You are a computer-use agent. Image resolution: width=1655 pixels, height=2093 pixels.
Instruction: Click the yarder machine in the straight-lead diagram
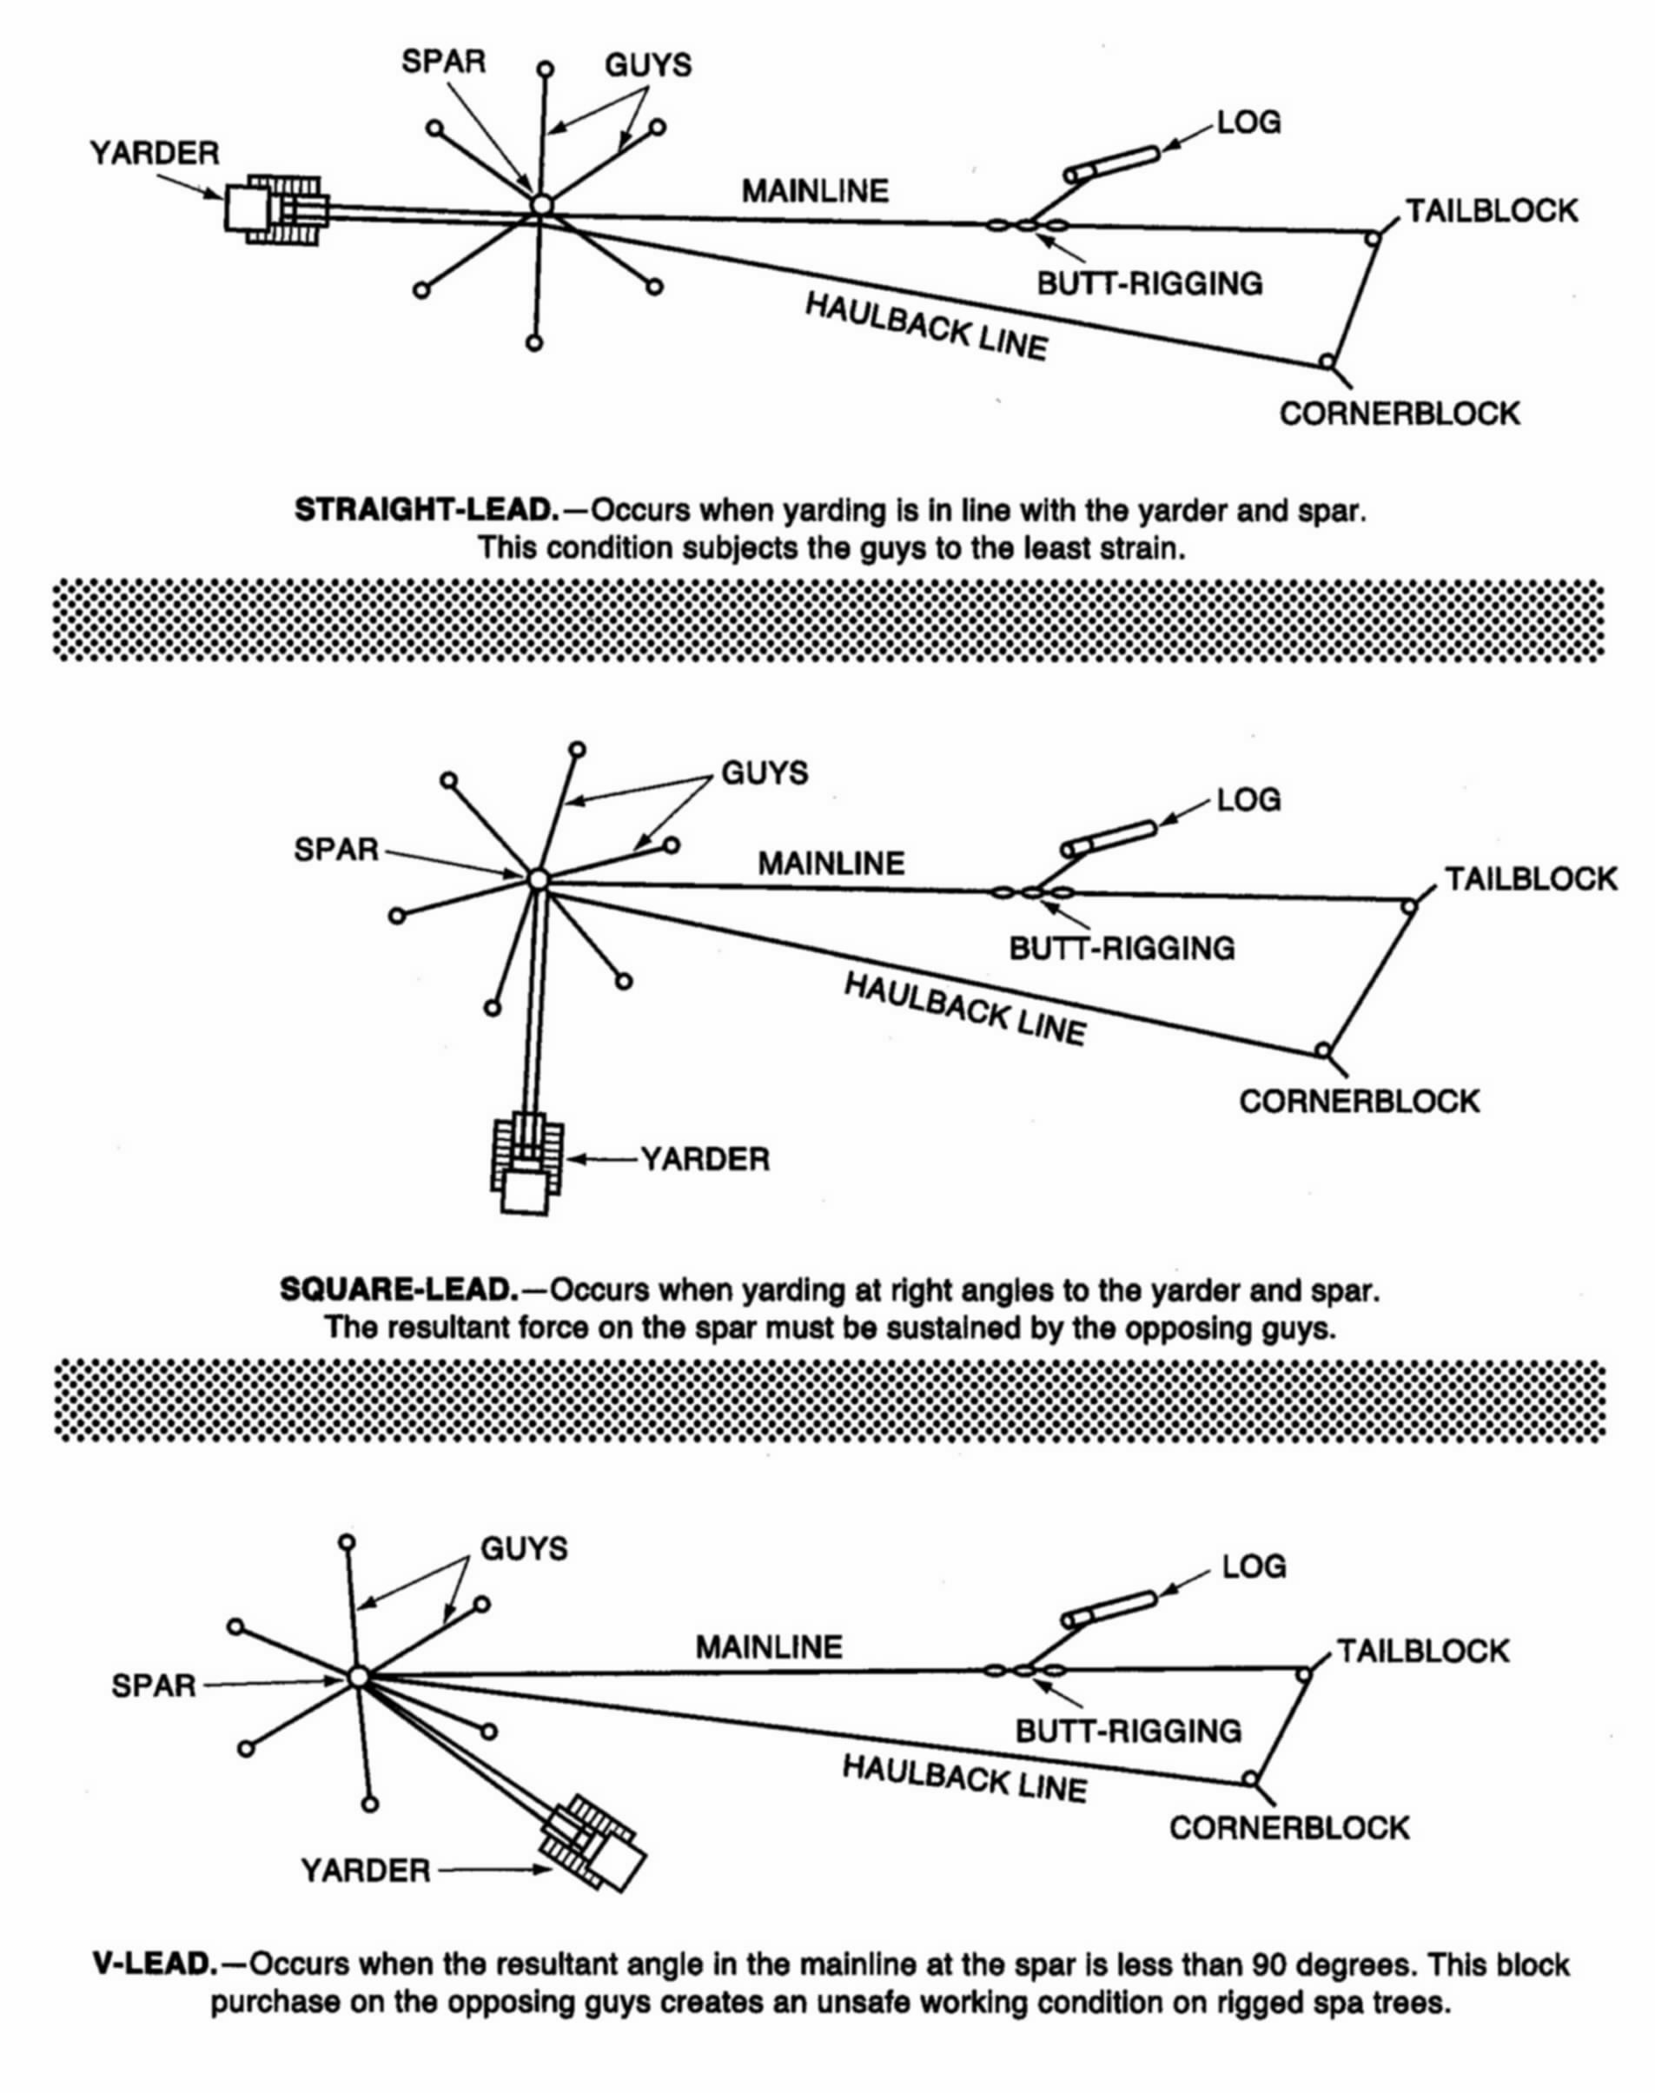tap(276, 209)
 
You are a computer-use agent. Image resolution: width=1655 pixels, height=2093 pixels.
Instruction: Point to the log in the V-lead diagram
tap(1109, 1608)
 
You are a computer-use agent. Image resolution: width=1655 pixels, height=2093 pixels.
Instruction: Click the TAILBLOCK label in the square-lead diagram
tap(1531, 879)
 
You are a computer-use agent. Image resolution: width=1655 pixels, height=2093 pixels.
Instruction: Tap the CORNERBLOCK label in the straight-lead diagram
tap(1400, 414)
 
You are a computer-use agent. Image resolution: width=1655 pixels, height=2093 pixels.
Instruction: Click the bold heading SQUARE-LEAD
tap(398, 1291)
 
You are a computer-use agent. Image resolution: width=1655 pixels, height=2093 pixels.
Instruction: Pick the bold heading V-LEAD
tap(154, 1964)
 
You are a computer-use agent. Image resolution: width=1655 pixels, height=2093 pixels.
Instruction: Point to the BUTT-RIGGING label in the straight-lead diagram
tap(1150, 283)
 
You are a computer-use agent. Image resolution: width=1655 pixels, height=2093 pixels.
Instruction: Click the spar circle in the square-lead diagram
tap(539, 879)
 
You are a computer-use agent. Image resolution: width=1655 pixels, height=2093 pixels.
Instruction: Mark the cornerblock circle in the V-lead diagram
tap(1250, 1779)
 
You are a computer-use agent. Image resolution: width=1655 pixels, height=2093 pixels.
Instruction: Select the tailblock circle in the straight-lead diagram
tap(1372, 237)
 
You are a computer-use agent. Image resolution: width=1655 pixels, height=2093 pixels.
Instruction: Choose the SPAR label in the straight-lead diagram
tap(444, 62)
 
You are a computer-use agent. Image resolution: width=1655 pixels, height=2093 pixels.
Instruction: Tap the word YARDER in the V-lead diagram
tap(365, 1870)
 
